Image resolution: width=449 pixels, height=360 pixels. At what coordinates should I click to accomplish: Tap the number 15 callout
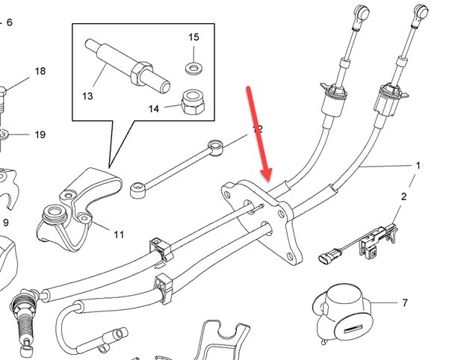193,37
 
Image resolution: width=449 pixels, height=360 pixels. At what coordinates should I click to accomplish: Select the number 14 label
154,108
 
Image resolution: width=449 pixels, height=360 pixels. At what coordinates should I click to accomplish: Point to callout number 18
40,72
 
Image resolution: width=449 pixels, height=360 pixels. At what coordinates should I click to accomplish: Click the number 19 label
40,135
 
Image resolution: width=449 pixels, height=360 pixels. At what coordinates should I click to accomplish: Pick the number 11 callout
119,235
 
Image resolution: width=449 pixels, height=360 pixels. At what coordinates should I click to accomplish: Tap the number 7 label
404,303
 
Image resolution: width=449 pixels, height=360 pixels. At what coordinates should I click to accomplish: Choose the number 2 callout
403,196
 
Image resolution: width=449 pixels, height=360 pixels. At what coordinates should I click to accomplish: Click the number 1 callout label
418,164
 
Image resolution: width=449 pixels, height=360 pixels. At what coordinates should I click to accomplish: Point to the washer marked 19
4,134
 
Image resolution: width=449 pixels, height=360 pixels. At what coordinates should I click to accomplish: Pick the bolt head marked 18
3,93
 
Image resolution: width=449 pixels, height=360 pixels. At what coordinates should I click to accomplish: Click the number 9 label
6,223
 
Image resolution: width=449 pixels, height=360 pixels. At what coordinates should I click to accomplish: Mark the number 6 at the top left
10,22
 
